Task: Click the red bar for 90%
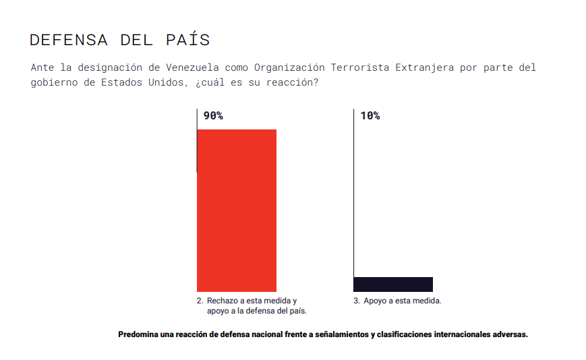click(236, 210)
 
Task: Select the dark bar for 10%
click(392, 284)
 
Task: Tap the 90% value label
click(213, 116)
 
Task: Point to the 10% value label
click(370, 116)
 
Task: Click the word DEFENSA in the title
click(69, 40)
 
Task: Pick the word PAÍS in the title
click(187, 40)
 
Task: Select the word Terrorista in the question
click(360, 68)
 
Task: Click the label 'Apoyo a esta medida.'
click(402, 301)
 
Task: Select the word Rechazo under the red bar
click(223, 301)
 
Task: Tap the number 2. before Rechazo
click(200, 301)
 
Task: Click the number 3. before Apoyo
click(357, 301)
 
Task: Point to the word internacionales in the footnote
click(457, 334)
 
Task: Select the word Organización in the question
click(289, 68)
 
